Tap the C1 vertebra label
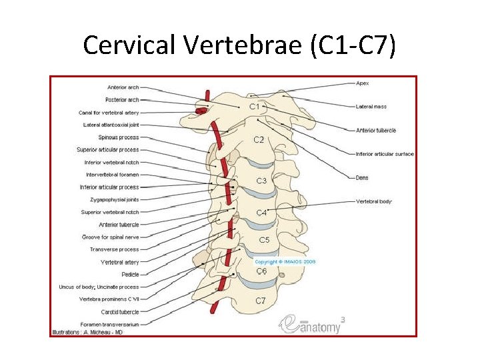(x=255, y=107)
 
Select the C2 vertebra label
(x=259, y=140)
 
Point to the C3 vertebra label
(x=261, y=181)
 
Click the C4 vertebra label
(x=261, y=213)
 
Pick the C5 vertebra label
(x=264, y=239)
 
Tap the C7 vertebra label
(x=261, y=301)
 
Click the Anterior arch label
(x=123, y=87)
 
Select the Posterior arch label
(x=123, y=100)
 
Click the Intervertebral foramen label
(x=112, y=175)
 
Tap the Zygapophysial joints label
(x=115, y=199)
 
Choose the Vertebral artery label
(x=120, y=262)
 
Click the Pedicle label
(x=129, y=274)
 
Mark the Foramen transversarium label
(x=110, y=324)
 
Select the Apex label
(x=363, y=83)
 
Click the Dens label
(x=363, y=177)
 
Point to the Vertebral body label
(x=374, y=201)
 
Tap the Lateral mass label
(x=371, y=107)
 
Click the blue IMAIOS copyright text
(x=285, y=262)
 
